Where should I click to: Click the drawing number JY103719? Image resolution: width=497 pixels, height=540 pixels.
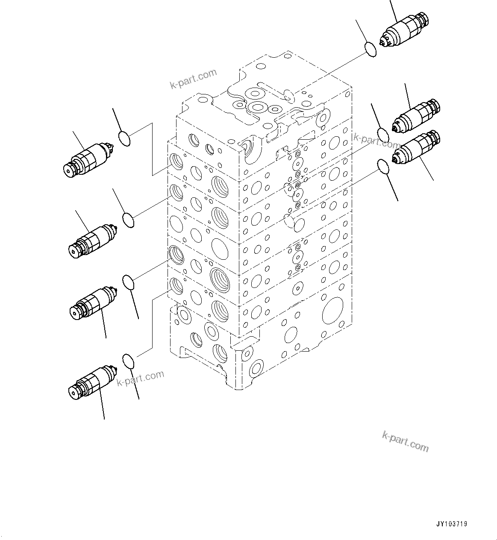pos(451,524)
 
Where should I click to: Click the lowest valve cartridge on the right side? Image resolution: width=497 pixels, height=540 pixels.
pos(417,148)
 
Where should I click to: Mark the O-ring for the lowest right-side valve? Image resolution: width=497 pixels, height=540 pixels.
pos(383,167)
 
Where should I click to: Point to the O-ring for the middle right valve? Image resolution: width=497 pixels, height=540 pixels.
pos(383,135)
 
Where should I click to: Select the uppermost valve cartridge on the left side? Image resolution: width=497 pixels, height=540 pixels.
pos(88,159)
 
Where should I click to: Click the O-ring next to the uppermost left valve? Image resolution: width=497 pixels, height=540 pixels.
pos(124,138)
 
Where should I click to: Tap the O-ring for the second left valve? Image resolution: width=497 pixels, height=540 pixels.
pos(128,220)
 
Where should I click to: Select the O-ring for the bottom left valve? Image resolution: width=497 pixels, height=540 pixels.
pos(128,361)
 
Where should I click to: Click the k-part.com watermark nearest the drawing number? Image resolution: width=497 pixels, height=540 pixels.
pos(405,441)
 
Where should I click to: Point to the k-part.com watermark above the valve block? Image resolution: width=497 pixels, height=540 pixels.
pos(193,79)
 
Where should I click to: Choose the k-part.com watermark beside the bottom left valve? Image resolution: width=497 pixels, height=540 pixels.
pos(141,378)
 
